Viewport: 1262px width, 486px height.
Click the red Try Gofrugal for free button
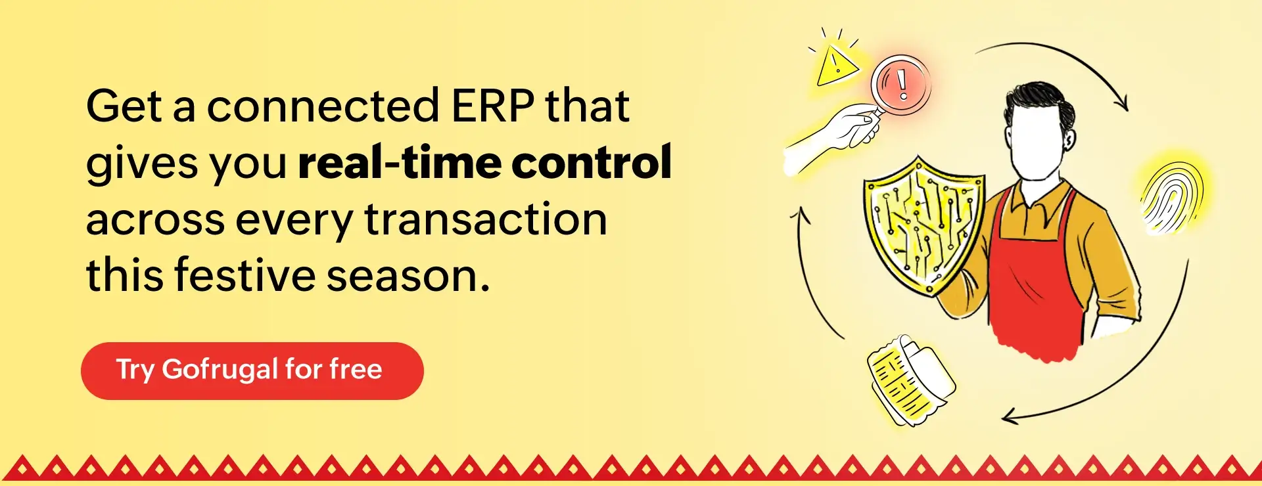pos(252,370)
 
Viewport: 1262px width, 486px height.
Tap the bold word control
pos(592,162)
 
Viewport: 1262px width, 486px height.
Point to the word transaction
pos(486,219)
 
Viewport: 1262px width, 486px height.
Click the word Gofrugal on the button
pos(220,370)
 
